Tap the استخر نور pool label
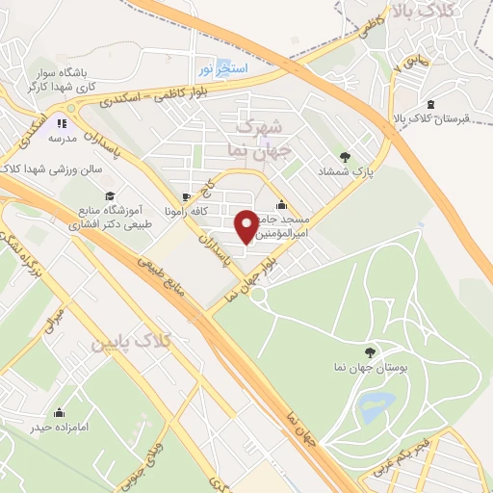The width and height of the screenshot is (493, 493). (223, 69)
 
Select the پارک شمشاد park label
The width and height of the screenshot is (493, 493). (346, 170)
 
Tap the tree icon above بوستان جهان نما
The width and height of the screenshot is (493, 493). (372, 351)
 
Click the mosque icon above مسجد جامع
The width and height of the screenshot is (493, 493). (280, 204)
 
